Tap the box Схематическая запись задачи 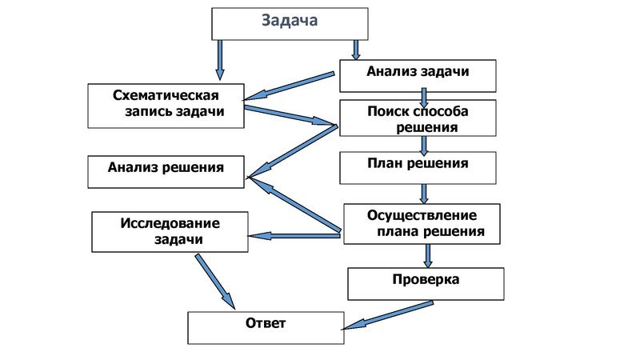click(x=166, y=104)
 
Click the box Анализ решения click(x=165, y=168)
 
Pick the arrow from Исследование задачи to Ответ click(x=214, y=280)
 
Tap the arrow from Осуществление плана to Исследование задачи click(x=296, y=235)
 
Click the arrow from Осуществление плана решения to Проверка click(x=428, y=254)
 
